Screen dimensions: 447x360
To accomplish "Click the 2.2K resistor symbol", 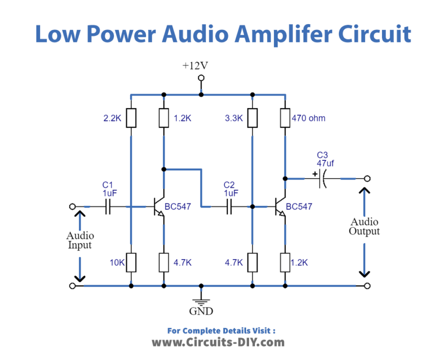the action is (x=131, y=117).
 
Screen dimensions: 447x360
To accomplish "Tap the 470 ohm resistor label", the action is (x=308, y=118).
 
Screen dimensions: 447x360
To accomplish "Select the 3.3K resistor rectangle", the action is (x=252, y=117).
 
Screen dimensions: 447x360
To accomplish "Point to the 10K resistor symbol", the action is (x=131, y=262).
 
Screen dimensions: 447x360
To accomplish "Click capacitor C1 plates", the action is (x=108, y=206).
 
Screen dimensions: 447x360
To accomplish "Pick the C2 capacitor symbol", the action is (x=229, y=206).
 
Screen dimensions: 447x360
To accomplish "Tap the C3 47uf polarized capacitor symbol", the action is (x=322, y=178).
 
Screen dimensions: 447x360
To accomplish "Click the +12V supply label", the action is (x=195, y=66).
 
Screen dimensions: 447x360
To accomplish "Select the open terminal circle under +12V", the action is (x=201, y=78).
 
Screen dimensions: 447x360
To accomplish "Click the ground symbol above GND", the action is (x=201, y=302).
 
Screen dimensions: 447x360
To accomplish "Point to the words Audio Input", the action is (x=80, y=240).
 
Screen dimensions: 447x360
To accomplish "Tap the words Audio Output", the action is (x=364, y=226).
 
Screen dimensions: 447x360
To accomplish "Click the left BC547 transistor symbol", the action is (x=158, y=206).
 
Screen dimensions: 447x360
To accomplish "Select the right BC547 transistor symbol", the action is (x=280, y=206).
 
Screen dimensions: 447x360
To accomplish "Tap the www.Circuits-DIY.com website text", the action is (x=218, y=342).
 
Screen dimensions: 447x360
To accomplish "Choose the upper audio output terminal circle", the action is (x=367, y=178).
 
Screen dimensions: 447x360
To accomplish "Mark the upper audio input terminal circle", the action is (x=72, y=206).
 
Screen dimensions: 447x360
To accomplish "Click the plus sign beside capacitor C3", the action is (x=315, y=173).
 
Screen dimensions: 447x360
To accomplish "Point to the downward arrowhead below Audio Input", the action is (x=80, y=277).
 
